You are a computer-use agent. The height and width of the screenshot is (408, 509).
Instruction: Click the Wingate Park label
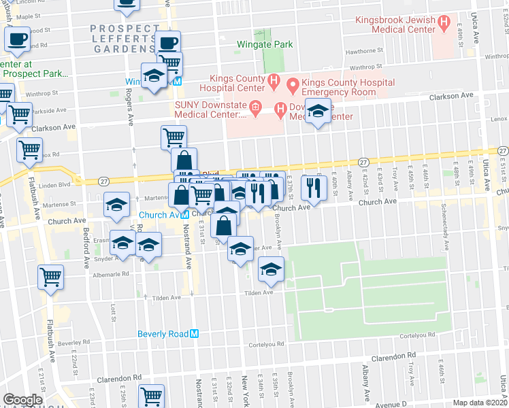click(x=264, y=45)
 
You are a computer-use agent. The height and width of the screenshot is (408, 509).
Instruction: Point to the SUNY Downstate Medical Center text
click(x=208, y=109)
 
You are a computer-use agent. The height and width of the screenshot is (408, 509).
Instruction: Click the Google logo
click(x=22, y=400)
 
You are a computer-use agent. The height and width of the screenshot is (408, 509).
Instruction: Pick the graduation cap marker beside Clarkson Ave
click(x=318, y=110)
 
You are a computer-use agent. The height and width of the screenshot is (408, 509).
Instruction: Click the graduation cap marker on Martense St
click(x=117, y=204)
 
